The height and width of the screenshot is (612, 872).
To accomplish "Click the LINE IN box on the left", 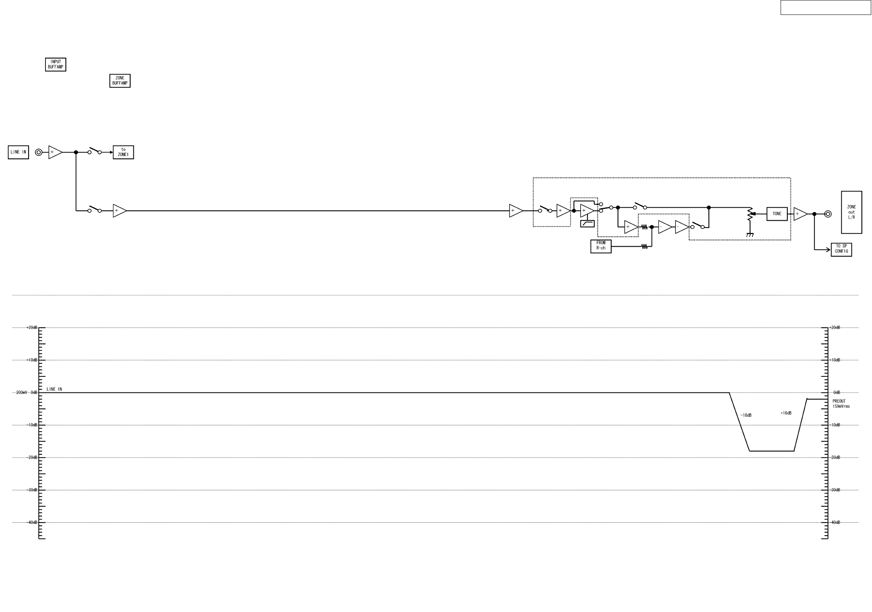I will click(18, 152).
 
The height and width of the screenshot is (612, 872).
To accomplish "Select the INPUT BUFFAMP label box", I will click(55, 65).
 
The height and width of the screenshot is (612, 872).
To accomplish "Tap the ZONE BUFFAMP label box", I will click(120, 81).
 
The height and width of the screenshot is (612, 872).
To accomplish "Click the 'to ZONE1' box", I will click(123, 152).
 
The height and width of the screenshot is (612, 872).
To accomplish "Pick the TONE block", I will click(777, 214).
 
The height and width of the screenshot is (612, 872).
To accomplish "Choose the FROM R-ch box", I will click(601, 246).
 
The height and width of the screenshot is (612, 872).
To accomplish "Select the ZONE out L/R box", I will click(851, 212).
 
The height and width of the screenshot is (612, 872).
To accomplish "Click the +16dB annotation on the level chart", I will click(786, 413).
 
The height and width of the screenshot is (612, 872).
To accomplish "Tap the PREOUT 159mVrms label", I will click(841, 404).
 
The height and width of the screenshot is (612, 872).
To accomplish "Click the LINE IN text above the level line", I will click(54, 389).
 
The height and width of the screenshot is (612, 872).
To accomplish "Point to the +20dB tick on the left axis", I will click(32, 327).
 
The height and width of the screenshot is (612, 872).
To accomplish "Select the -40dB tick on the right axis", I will click(835, 522).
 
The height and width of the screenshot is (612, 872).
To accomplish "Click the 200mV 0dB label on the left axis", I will click(27, 392).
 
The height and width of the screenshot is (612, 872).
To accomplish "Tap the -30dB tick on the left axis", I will click(32, 490).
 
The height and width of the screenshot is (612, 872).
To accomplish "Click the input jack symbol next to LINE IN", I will click(38, 152).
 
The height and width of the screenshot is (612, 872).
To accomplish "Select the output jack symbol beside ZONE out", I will click(828, 214).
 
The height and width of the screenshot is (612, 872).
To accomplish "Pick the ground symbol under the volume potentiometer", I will click(750, 235).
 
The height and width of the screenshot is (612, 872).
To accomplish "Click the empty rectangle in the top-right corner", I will click(825, 7).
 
